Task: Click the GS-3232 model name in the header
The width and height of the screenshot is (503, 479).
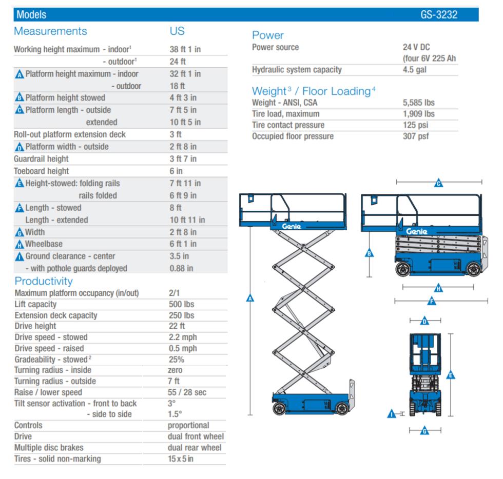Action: tap(438, 15)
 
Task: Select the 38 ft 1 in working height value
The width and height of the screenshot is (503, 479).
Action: tap(185, 50)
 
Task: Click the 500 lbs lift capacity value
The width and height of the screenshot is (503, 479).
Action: tap(182, 304)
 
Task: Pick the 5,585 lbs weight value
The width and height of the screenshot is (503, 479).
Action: tap(419, 102)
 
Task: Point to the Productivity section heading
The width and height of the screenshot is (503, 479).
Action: tap(44, 281)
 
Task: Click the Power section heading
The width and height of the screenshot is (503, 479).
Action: tap(267, 35)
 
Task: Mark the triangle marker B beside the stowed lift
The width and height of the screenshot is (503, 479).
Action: tap(369, 253)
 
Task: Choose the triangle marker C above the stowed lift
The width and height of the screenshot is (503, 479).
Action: tap(438, 184)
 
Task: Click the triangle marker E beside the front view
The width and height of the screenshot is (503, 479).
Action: tap(451, 375)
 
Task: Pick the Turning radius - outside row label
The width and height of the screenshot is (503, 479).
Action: tap(55, 381)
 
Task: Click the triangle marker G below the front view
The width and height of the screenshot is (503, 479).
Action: tap(424, 431)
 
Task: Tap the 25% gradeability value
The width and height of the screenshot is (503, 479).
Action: tap(177, 359)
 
